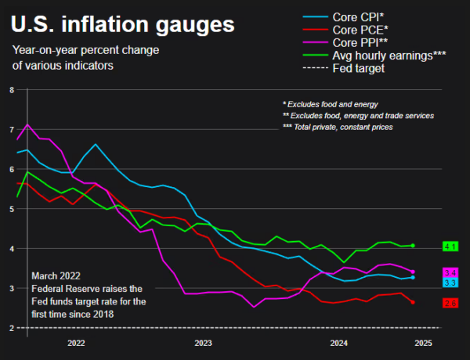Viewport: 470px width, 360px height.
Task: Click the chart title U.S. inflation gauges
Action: tap(122, 25)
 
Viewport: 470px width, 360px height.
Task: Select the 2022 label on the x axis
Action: tap(76, 344)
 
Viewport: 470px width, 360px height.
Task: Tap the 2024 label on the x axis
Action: tap(339, 344)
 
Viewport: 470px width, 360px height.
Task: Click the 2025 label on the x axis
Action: tap(422, 344)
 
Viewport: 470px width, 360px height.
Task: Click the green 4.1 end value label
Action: tap(450, 247)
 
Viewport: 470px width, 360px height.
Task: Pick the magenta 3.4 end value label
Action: tap(450, 272)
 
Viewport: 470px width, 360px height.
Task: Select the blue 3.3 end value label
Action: tap(450, 282)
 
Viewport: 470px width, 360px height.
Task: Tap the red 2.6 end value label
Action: tap(450, 303)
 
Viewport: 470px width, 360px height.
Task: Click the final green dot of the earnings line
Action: tap(413, 246)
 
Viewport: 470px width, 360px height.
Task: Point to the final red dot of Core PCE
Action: tap(413, 302)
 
